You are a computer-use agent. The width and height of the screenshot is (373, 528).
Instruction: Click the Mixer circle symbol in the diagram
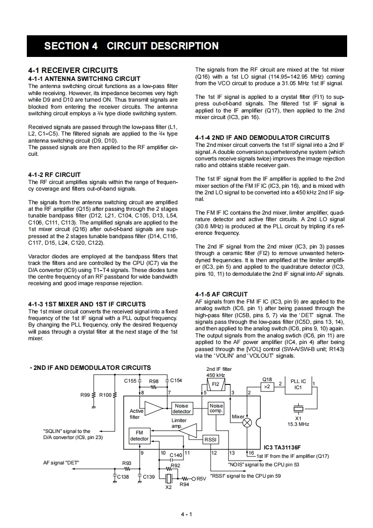pyautogui.click(x=247, y=422)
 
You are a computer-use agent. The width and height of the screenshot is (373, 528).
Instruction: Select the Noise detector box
pyautogui.click(x=181, y=408)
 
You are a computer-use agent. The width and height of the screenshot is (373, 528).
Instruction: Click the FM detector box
pyautogui.click(x=139, y=436)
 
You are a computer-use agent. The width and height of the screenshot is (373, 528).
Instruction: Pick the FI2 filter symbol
pyautogui.click(x=216, y=385)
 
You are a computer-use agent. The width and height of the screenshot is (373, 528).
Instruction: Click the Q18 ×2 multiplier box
pyautogui.click(x=267, y=386)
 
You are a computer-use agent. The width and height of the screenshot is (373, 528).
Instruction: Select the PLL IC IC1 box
pyautogui.click(x=298, y=384)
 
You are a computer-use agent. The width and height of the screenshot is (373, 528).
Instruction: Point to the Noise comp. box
pyautogui.click(x=216, y=408)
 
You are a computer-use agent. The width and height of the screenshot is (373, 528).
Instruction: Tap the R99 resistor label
pyautogui.click(x=85, y=395)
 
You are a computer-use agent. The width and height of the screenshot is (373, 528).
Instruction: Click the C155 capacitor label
pyautogui.click(x=130, y=380)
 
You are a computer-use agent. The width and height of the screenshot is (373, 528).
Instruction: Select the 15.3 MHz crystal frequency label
pyautogui.click(x=298, y=424)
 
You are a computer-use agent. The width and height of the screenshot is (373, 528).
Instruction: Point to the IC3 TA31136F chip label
pyautogui.click(x=282, y=448)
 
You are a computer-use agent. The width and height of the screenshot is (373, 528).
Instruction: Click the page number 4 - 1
pyautogui.click(x=187, y=514)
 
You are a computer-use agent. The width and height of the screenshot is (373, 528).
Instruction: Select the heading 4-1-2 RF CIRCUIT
pyautogui.click(x=55, y=175)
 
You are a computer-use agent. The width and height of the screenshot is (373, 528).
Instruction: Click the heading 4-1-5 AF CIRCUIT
pyautogui.click(x=221, y=295)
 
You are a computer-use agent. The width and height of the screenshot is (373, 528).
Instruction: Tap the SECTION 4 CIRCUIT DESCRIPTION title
pyautogui.click(x=131, y=46)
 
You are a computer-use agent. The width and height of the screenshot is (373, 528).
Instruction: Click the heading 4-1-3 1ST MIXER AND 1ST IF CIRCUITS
pyautogui.click(x=87, y=304)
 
